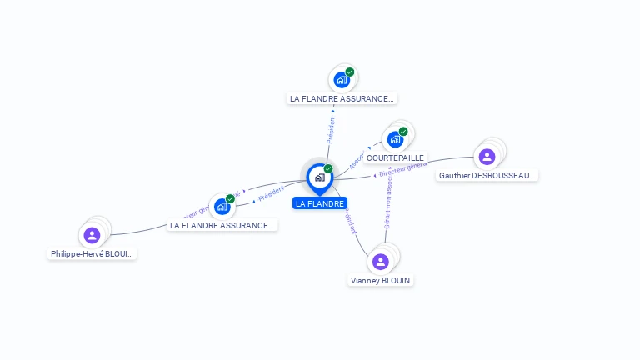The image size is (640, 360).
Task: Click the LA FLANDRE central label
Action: click(x=320, y=203)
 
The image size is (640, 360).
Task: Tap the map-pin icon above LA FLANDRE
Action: click(x=319, y=177)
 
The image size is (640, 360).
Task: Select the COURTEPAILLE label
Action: click(x=395, y=157)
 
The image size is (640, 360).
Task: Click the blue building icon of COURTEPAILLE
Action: click(x=395, y=139)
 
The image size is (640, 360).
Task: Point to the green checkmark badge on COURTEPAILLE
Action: click(x=403, y=132)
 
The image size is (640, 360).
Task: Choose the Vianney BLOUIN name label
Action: click(x=381, y=281)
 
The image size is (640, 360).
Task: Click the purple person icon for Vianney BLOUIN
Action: click(x=381, y=262)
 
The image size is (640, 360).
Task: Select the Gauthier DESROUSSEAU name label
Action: click(x=487, y=175)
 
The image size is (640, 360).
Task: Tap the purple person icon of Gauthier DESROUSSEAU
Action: click(x=487, y=156)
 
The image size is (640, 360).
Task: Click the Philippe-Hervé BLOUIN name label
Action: click(x=92, y=253)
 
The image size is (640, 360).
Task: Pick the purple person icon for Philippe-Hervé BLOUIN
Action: click(x=92, y=234)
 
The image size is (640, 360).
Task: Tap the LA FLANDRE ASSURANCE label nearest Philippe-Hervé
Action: click(x=222, y=225)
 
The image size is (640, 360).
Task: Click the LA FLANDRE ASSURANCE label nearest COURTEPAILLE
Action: click(x=341, y=98)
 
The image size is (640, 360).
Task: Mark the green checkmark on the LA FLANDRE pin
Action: click(x=328, y=169)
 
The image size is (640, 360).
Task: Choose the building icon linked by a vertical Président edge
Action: click(x=341, y=80)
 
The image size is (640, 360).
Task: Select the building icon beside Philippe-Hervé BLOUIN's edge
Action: click(x=222, y=206)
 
